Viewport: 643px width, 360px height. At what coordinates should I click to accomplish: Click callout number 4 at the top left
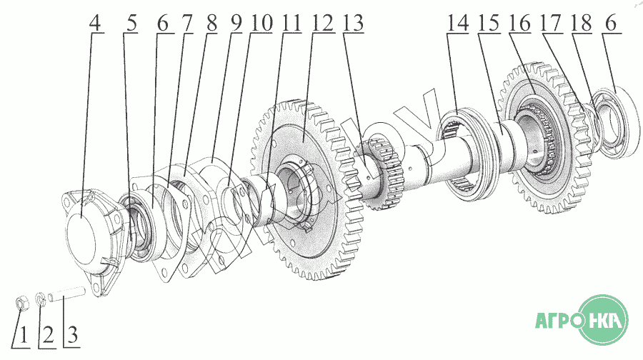click(x=95, y=23)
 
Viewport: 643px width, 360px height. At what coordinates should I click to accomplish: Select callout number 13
click(x=353, y=23)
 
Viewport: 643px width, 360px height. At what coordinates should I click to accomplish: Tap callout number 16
click(x=519, y=23)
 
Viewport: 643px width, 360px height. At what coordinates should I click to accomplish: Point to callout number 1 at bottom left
click(x=23, y=336)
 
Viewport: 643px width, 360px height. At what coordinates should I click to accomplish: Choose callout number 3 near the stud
click(x=72, y=336)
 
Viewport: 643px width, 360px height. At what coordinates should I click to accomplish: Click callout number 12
click(x=323, y=23)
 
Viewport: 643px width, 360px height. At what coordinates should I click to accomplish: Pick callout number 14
click(x=458, y=23)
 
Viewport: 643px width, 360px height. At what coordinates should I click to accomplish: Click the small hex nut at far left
click(x=21, y=303)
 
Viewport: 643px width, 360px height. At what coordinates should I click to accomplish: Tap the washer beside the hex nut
click(x=41, y=299)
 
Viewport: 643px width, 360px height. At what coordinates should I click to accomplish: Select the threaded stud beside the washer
click(x=66, y=294)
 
